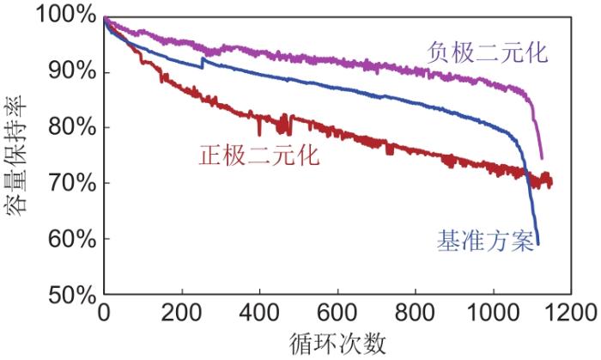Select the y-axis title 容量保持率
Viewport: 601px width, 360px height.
point(19,155)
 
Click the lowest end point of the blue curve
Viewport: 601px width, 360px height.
point(538,244)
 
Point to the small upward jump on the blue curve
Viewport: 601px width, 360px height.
point(203,59)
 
